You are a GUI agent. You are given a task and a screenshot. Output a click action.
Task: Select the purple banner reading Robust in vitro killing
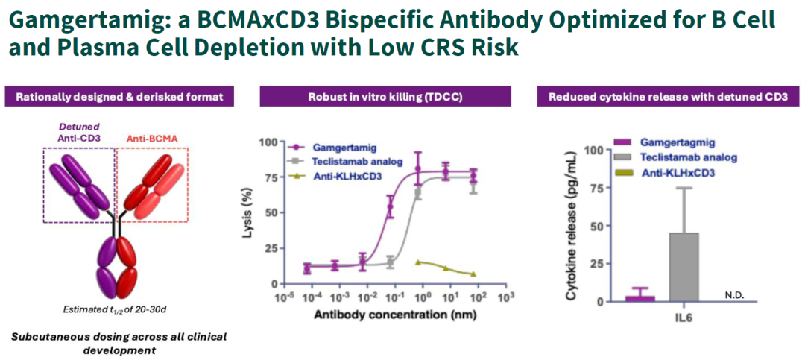tap(385, 96)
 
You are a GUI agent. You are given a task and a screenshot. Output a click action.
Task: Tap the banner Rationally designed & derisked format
tap(119, 96)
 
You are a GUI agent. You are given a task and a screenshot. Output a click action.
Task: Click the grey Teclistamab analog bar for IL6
tap(689, 267)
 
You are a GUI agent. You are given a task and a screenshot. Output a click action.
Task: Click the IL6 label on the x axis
tap(689, 317)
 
